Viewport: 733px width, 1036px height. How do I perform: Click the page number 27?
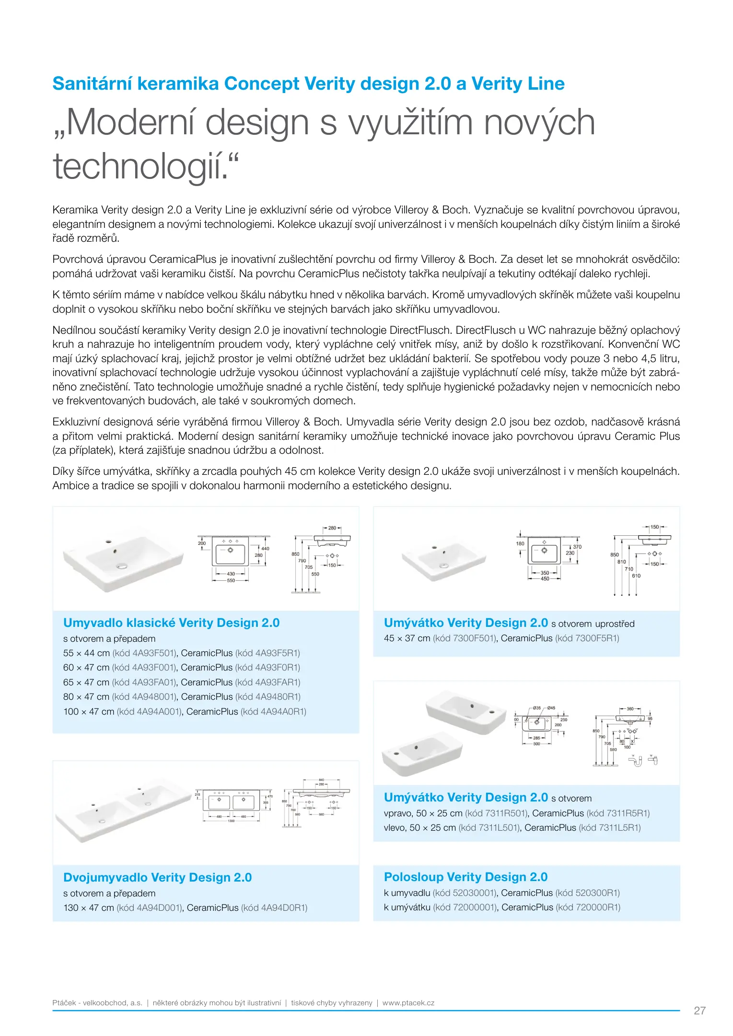click(x=699, y=1011)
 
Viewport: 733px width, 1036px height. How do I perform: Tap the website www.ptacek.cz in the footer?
click(x=408, y=1002)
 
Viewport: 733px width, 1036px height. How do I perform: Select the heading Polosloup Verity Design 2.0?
click(x=465, y=877)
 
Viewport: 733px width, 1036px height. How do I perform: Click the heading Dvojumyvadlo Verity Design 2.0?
click(x=157, y=877)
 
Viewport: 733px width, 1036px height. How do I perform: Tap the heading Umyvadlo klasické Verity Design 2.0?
click(x=171, y=623)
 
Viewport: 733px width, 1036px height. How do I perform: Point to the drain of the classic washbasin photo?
click(x=122, y=565)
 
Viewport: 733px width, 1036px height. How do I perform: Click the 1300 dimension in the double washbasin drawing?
click(x=231, y=821)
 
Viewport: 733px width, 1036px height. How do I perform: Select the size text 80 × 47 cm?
click(x=86, y=696)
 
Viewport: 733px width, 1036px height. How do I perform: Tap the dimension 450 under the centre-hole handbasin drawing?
click(x=545, y=579)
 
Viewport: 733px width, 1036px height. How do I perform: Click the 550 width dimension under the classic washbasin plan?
click(x=231, y=580)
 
